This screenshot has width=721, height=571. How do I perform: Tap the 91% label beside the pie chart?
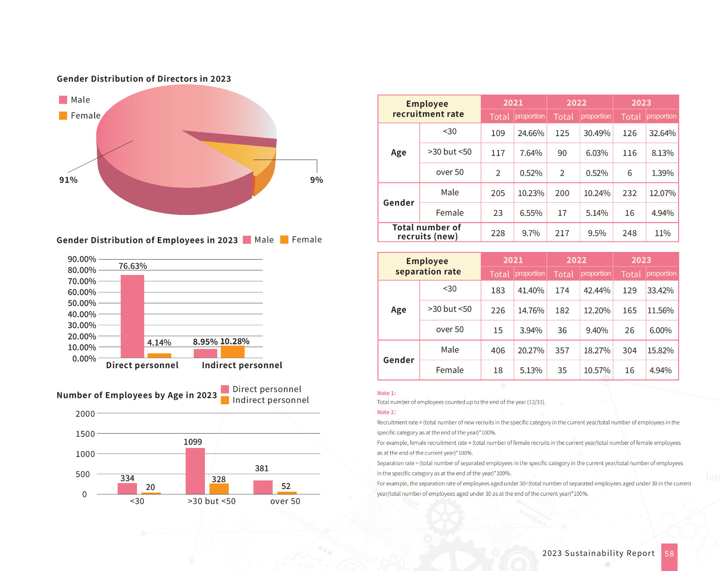[x=68, y=180]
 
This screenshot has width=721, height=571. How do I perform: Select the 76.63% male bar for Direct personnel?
[x=132, y=316]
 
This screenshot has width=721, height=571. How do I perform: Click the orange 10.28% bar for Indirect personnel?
[x=233, y=352]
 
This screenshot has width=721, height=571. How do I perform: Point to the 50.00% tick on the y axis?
[x=82, y=303]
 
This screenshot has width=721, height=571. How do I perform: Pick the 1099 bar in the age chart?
[x=195, y=471]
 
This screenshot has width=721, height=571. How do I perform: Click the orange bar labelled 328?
[x=219, y=489]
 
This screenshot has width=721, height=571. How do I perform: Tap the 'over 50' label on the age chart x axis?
[x=285, y=501]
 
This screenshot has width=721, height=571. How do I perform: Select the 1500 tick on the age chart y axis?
[x=85, y=434]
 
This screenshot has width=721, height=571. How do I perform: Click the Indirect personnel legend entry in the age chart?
[x=265, y=400]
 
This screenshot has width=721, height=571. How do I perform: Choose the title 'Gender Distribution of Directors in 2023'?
[x=144, y=79]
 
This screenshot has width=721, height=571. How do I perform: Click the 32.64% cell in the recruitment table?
[x=662, y=133]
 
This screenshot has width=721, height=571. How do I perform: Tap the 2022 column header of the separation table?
[x=576, y=260]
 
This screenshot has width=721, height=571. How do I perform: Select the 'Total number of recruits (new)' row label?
[x=427, y=232]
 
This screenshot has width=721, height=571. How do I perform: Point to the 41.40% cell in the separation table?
[x=530, y=291]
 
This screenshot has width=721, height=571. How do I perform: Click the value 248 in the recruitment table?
[x=630, y=233]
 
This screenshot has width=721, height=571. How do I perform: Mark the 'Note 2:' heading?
[x=386, y=412]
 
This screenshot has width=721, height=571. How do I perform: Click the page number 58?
[x=669, y=554]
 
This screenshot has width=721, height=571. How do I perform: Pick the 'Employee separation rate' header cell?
[x=428, y=266]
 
